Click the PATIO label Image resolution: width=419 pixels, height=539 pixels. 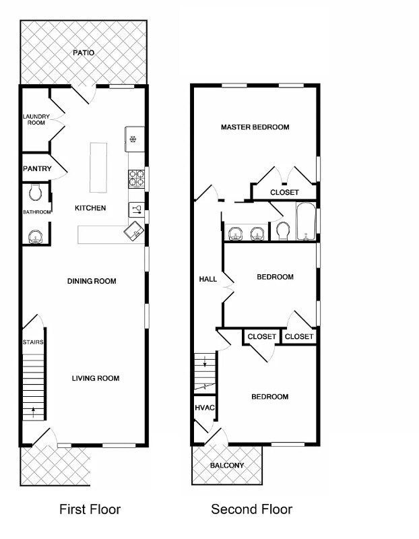[x=84, y=52]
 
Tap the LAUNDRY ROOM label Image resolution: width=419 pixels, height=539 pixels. [x=36, y=119]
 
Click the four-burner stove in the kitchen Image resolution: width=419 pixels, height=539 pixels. [x=137, y=178]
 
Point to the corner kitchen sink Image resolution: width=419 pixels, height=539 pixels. [x=134, y=231]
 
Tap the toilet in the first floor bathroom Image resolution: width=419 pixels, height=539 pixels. [x=36, y=193]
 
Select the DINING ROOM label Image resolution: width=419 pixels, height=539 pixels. [x=92, y=281]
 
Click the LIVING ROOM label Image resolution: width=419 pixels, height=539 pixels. [x=96, y=378]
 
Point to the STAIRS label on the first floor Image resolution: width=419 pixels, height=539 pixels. [x=34, y=342]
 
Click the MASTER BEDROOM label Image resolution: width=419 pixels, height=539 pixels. [x=255, y=127]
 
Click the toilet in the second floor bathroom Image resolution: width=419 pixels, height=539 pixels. [x=282, y=232]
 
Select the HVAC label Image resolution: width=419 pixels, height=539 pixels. [x=204, y=408]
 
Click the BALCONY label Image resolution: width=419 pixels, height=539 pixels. [x=226, y=466]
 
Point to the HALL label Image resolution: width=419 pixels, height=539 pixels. [x=207, y=279]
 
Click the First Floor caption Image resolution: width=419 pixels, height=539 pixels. [x=90, y=509]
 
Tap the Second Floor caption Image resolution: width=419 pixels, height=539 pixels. [x=252, y=509]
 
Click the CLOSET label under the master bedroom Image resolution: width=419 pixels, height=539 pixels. [x=284, y=192]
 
